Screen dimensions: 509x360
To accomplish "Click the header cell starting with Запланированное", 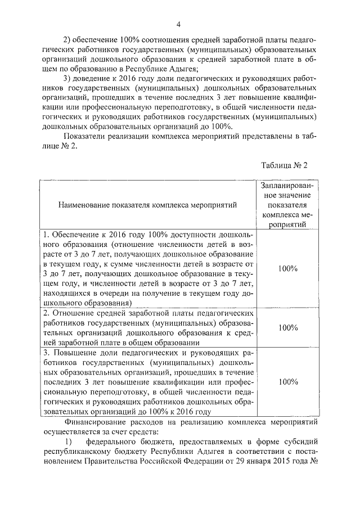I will (x=288, y=205).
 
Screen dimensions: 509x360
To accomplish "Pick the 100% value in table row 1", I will (x=288, y=268).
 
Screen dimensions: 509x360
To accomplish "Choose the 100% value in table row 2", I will (x=288, y=327).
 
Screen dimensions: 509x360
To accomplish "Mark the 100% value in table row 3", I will (x=288, y=382).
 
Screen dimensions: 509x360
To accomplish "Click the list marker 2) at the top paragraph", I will (x=69, y=40).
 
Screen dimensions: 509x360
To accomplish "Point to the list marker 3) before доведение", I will (x=69, y=78).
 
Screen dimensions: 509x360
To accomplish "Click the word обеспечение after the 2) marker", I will (x=97, y=40).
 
